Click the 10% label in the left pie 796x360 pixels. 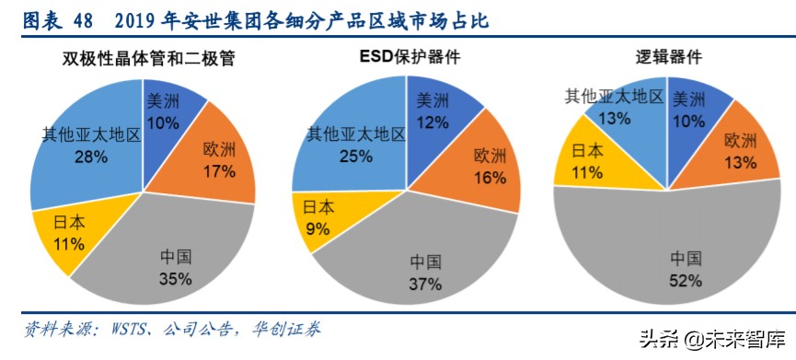[164, 122]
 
